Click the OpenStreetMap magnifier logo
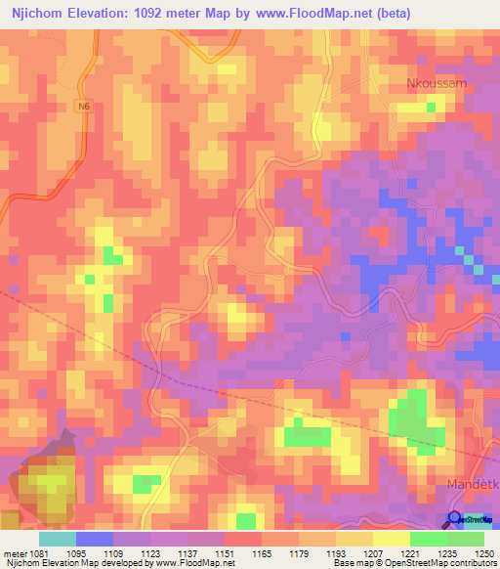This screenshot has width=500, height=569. [x=456, y=520]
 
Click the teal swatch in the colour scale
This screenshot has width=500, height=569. [x=58, y=539]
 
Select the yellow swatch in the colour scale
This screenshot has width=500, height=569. [x=392, y=539]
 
